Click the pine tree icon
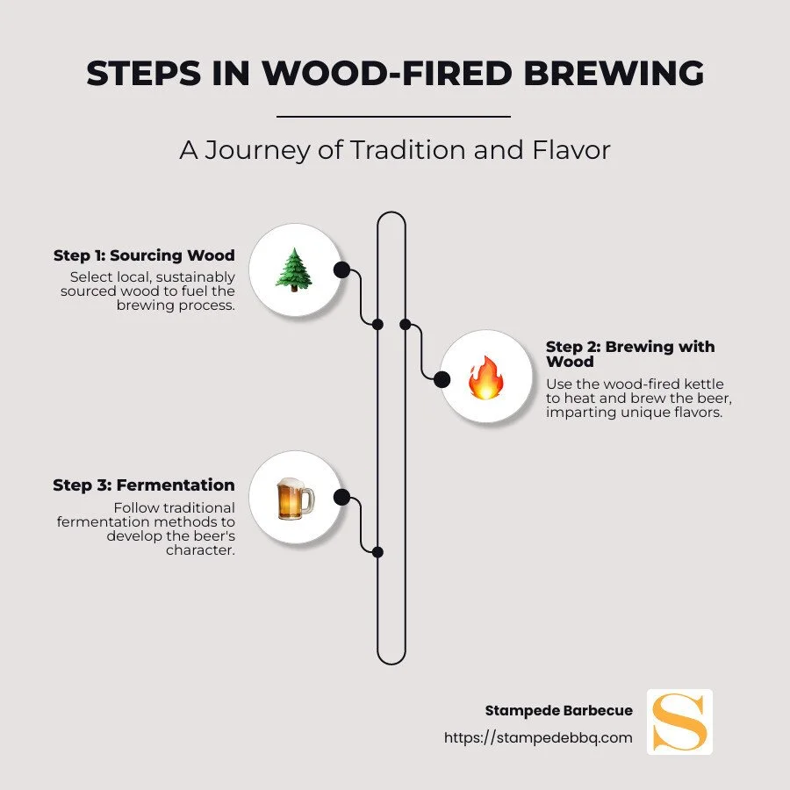click(x=294, y=269)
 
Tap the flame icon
click(x=485, y=378)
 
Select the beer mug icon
click(x=294, y=499)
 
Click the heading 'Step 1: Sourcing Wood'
click(x=144, y=255)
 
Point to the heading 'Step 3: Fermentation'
click(x=144, y=485)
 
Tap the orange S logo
click(x=679, y=722)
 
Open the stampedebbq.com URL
click(x=538, y=737)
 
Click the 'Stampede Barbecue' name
click(x=558, y=710)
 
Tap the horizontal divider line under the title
click(x=393, y=116)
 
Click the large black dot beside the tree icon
click(x=341, y=269)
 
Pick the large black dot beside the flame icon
click(x=442, y=379)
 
